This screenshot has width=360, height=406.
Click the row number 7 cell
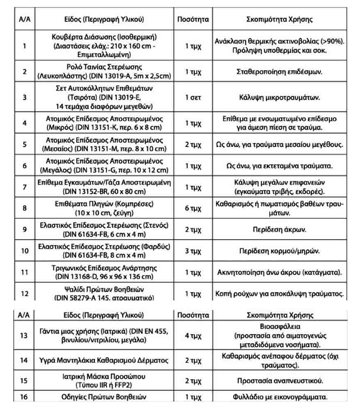(25, 187)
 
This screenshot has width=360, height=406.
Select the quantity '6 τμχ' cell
(193, 208)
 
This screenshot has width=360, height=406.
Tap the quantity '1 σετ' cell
(193, 98)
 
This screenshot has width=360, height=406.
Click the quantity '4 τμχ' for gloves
(193, 336)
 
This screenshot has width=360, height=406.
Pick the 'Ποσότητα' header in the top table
(193, 19)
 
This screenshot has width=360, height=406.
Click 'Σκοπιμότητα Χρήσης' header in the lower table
(280, 315)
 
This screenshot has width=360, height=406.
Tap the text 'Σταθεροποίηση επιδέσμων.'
(280, 72)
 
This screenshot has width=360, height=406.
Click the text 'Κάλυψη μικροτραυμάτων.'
(280, 98)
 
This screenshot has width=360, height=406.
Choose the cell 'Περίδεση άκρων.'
(280, 229)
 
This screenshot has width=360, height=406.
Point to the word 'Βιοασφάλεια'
(280, 327)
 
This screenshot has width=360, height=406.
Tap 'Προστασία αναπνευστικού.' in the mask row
(280, 381)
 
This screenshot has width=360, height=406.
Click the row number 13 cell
(25, 336)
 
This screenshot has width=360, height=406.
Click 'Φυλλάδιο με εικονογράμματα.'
(280, 397)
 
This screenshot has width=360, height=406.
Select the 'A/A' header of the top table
(25, 19)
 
